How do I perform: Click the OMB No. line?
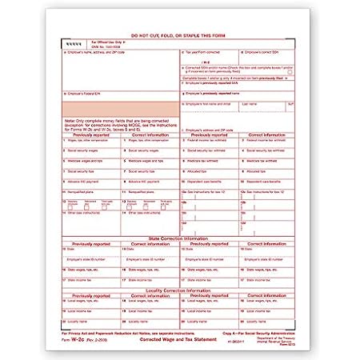108,45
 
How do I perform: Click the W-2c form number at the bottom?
74,338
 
